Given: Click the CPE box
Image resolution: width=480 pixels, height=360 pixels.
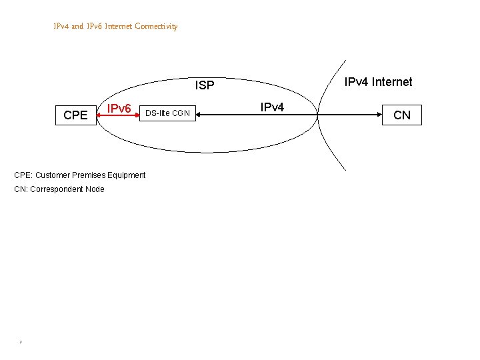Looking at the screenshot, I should pyautogui.click(x=75, y=115).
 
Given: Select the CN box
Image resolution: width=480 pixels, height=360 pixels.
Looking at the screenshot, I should pyautogui.click(x=402, y=115).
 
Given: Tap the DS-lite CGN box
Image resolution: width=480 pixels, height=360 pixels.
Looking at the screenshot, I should pyautogui.click(x=167, y=113).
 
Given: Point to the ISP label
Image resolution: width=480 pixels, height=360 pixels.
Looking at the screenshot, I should pyautogui.click(x=205, y=85).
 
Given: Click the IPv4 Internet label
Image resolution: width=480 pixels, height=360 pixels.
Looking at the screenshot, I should pyautogui.click(x=378, y=82).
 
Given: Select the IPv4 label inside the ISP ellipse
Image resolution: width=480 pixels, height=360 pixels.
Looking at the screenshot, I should pyautogui.click(x=272, y=107).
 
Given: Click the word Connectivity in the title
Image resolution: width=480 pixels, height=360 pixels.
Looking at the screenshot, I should pyautogui.click(x=156, y=27).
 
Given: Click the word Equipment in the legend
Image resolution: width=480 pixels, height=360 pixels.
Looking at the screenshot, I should pyautogui.click(x=128, y=175).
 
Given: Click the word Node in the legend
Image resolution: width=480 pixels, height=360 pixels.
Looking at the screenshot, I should pyautogui.click(x=95, y=189).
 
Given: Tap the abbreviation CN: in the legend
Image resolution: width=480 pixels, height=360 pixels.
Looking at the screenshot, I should pyautogui.click(x=21, y=189).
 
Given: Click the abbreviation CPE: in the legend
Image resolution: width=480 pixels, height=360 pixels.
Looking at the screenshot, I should pyautogui.click(x=23, y=175).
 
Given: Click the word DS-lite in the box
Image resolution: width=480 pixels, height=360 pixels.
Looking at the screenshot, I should pyautogui.click(x=158, y=113).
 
